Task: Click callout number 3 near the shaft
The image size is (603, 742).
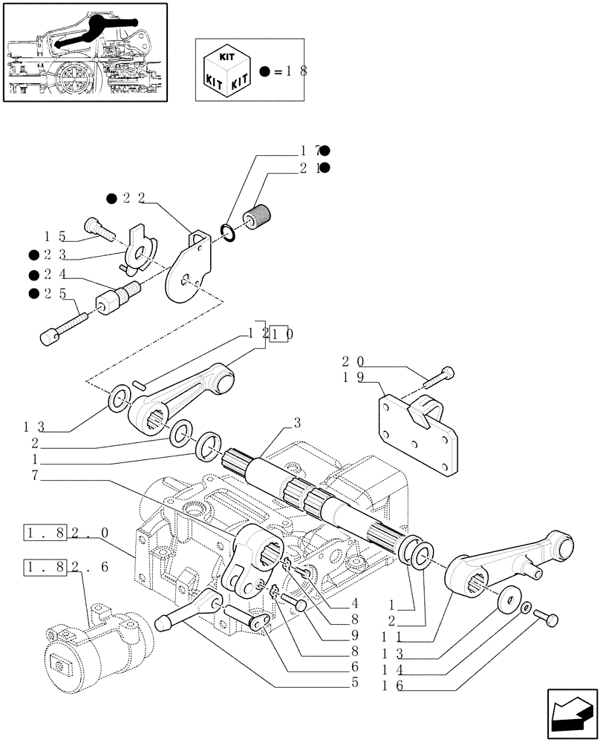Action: [x=297, y=424]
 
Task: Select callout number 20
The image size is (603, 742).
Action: [x=353, y=361]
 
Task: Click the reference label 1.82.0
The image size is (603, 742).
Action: [x=66, y=533]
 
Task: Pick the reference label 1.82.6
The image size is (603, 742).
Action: [x=66, y=566]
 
